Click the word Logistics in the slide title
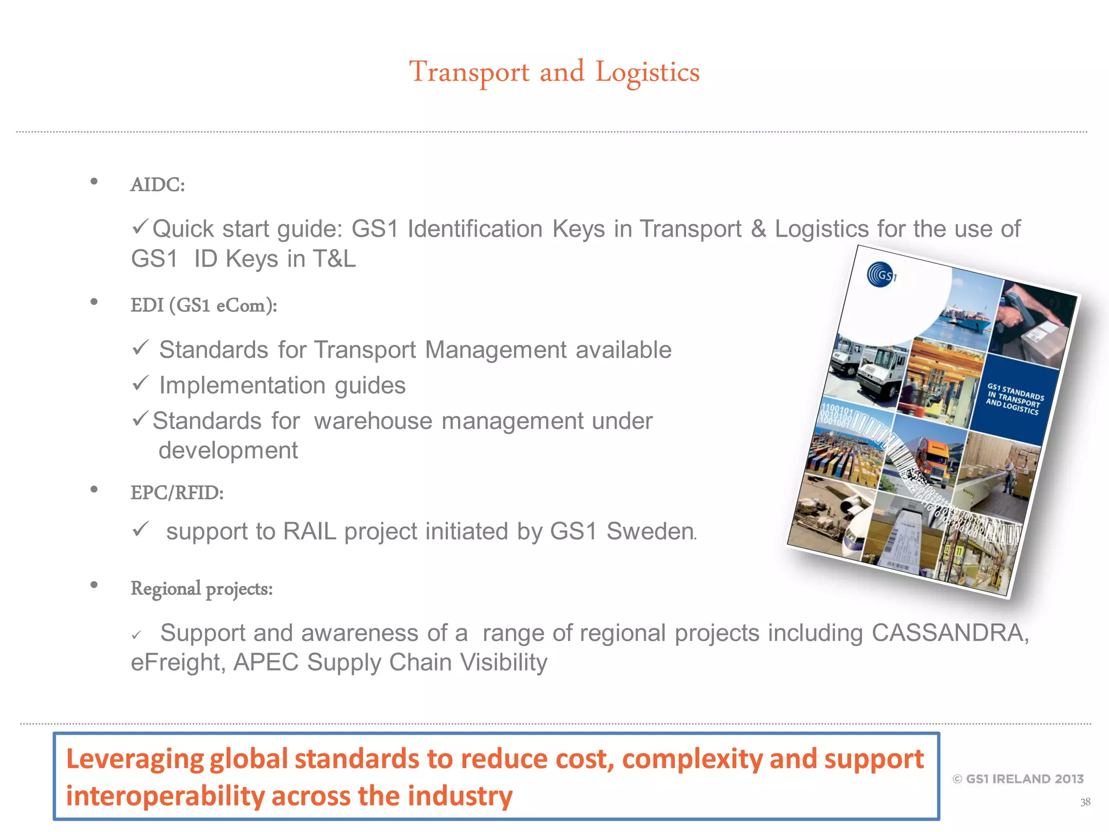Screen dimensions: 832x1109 (x=647, y=73)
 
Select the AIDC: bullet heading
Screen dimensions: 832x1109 (x=158, y=185)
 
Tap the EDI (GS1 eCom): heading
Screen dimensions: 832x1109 (x=204, y=305)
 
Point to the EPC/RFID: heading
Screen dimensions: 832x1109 (x=177, y=493)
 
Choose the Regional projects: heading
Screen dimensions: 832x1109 (x=201, y=588)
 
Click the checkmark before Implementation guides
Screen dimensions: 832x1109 (x=140, y=383)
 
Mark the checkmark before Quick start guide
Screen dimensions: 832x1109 (x=140, y=226)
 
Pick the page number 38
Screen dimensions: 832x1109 (x=1085, y=802)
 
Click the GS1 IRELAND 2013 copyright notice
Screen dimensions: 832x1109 (x=1018, y=779)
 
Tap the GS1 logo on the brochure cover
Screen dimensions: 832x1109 (x=881, y=275)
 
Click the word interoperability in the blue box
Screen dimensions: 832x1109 (x=165, y=796)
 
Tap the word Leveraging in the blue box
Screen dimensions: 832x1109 (x=134, y=759)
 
